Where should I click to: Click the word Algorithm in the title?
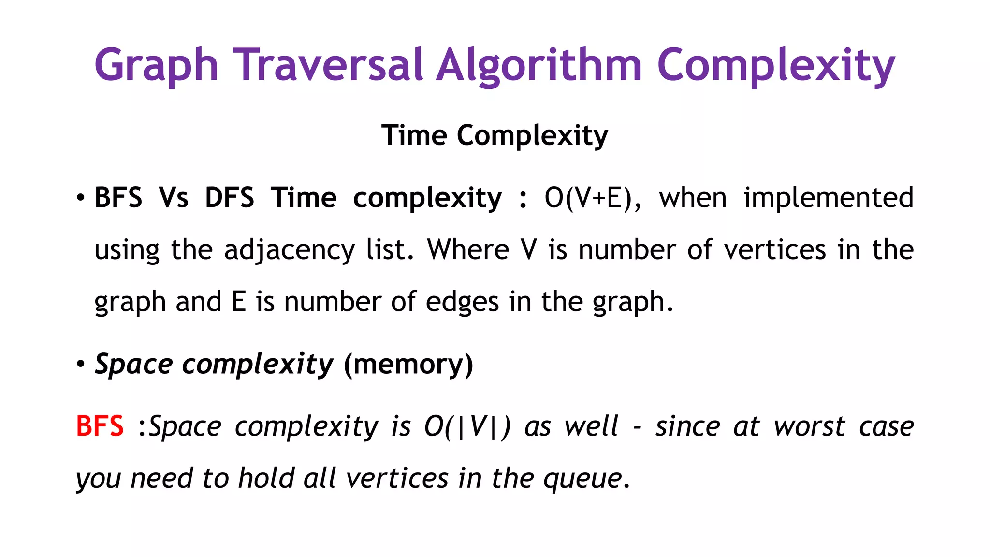tap(539, 66)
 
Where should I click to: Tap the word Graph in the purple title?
tap(156, 66)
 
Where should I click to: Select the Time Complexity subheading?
tap(495, 135)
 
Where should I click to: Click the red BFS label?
tap(100, 426)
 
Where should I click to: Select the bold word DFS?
tap(229, 198)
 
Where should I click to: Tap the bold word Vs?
tap(174, 198)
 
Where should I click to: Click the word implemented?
tap(828, 198)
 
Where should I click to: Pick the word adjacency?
tap(289, 250)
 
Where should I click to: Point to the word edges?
tap(462, 302)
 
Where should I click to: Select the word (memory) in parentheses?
tap(408, 364)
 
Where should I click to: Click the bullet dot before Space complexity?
tap(81, 364)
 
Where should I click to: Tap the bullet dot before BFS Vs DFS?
tap(81, 198)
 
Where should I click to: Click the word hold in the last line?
tap(266, 478)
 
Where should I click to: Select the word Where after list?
tap(468, 250)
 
